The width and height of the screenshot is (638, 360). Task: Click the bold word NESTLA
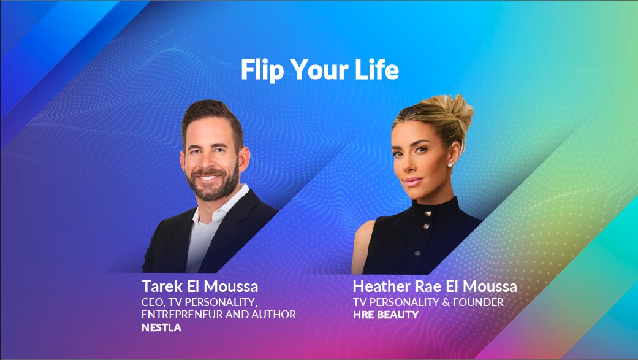[x=161, y=327]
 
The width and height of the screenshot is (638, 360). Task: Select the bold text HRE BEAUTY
[x=385, y=315]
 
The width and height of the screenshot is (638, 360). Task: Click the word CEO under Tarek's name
[x=153, y=302]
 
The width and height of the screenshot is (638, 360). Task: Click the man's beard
[x=211, y=187]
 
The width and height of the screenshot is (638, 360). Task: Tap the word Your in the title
[x=319, y=71]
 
